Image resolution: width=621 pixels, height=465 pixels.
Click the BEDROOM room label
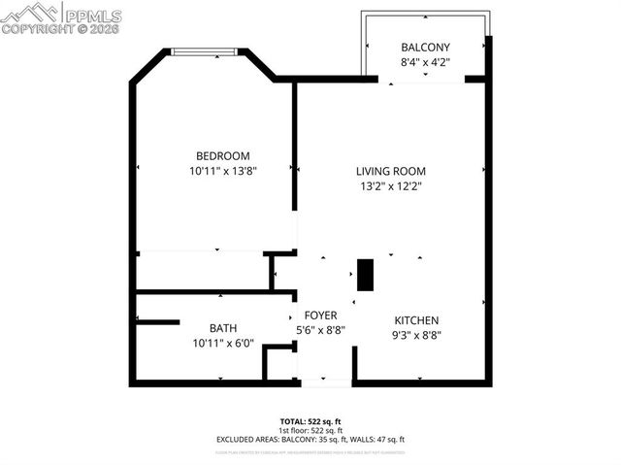(x=222, y=155)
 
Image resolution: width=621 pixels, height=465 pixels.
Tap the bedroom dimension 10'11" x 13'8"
(x=222, y=171)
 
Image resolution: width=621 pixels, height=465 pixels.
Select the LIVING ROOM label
(x=390, y=171)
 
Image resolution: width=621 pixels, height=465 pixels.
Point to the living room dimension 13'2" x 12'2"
(x=390, y=186)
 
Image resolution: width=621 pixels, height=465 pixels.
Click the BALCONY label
(x=425, y=48)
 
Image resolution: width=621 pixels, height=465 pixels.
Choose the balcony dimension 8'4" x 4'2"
(x=425, y=63)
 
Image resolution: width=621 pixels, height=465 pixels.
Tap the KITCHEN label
(x=416, y=320)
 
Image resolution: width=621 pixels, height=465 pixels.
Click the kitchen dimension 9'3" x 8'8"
(x=416, y=336)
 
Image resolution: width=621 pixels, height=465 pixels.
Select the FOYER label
(x=320, y=316)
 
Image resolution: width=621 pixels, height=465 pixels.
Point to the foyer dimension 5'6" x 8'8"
(x=320, y=330)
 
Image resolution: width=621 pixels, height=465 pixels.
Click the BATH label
(x=222, y=328)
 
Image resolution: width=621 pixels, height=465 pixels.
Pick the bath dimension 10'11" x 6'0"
(x=222, y=343)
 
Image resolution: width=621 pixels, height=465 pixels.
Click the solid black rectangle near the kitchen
(x=365, y=275)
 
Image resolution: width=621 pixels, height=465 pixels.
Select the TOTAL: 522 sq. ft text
(x=310, y=421)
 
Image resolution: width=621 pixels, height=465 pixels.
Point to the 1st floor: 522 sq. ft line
(x=310, y=430)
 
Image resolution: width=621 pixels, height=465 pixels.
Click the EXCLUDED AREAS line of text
(x=310, y=440)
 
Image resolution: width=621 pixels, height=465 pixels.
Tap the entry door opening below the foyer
(x=324, y=382)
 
